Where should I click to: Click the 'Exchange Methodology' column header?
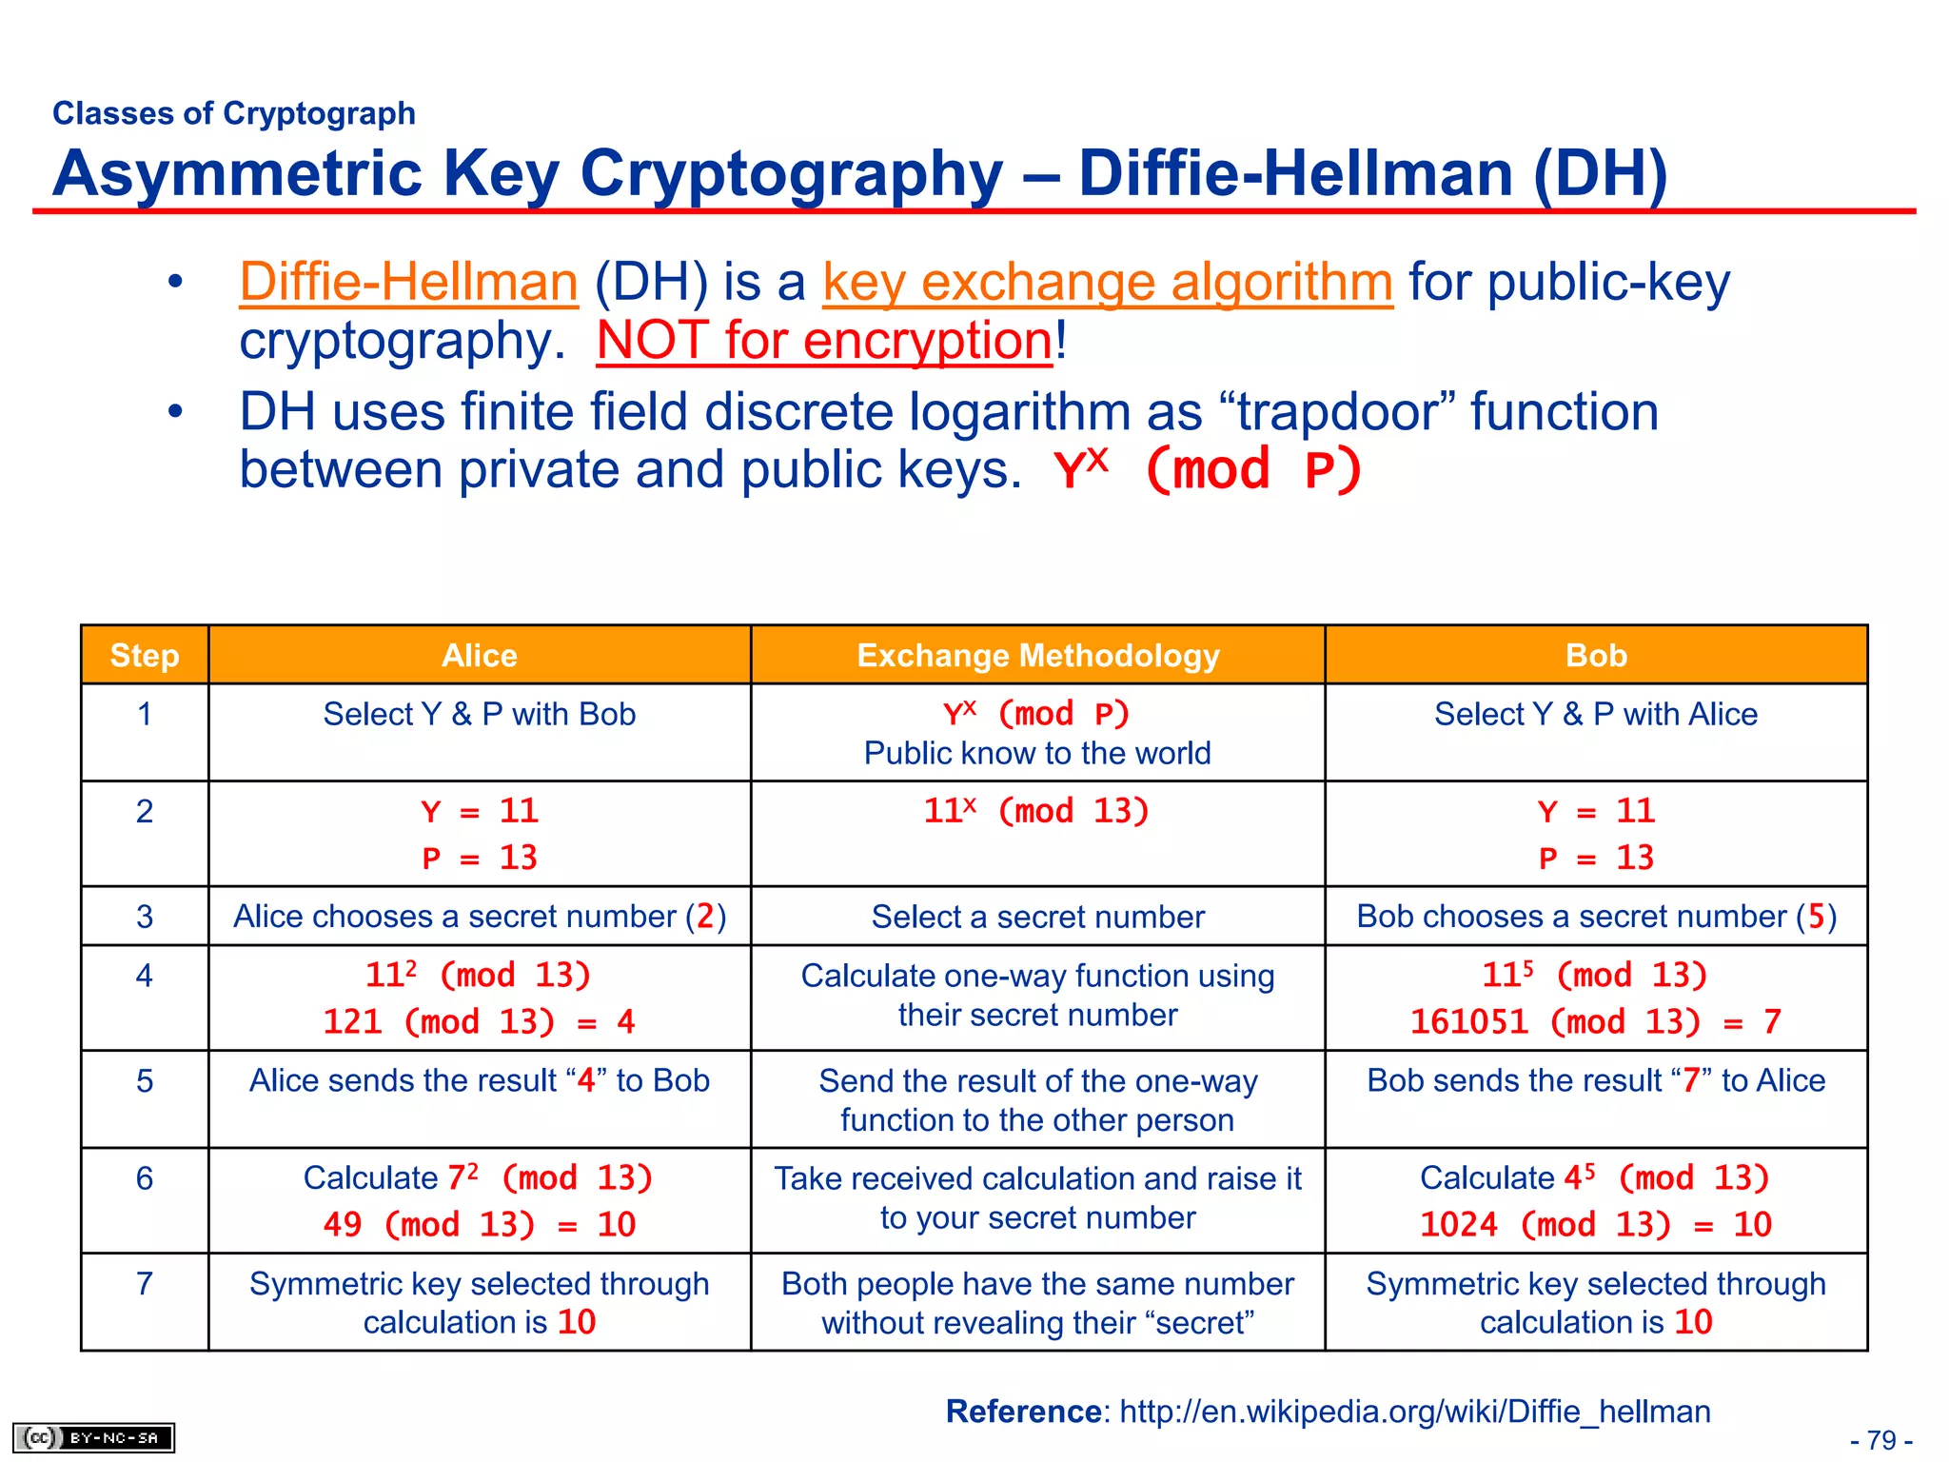click(x=1037, y=656)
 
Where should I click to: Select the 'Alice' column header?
click(x=479, y=656)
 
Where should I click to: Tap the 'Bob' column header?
click(x=1596, y=656)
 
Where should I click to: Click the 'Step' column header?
click(x=145, y=656)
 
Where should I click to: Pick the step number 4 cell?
click(x=145, y=976)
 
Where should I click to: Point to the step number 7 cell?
click(x=145, y=1284)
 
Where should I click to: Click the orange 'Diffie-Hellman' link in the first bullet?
click(x=408, y=283)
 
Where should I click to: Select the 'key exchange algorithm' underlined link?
click(x=1107, y=283)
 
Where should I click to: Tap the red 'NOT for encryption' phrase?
click(x=824, y=341)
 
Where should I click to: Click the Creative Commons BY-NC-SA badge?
click(x=93, y=1437)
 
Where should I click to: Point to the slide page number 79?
click(x=1881, y=1440)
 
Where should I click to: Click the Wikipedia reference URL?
click(x=1414, y=1412)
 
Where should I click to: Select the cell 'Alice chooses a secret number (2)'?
click(x=480, y=917)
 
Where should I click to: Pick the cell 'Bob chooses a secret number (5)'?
click(x=1596, y=917)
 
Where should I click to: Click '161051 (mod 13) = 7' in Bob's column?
click(x=1596, y=1022)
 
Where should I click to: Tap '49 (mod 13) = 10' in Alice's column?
click(x=480, y=1225)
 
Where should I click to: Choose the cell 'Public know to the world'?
click(x=1037, y=754)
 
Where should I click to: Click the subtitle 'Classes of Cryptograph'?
click(x=234, y=113)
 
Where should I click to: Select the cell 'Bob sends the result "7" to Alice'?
click(x=1596, y=1081)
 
